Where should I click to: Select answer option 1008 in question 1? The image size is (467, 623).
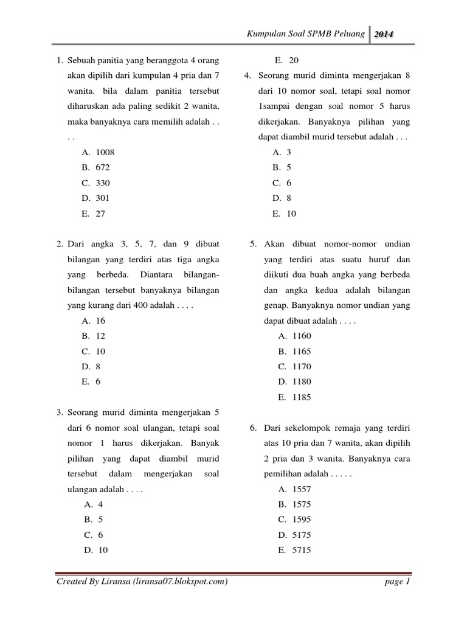[x=105, y=151]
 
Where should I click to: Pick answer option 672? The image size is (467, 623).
[x=102, y=167]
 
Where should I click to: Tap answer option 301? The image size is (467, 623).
[x=102, y=198]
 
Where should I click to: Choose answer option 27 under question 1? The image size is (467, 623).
[x=100, y=214]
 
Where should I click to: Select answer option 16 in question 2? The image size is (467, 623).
[x=100, y=320]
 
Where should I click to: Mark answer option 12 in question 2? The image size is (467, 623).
[x=100, y=336]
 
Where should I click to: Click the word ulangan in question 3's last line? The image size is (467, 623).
[x=82, y=489]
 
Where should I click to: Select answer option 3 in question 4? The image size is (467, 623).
[x=289, y=152]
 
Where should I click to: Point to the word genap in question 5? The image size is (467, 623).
[x=275, y=305]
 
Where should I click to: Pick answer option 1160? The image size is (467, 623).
[x=302, y=336]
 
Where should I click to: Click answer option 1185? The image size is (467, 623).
[x=302, y=397]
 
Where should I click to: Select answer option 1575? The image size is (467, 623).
[x=302, y=504]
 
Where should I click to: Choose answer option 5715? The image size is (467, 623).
[x=302, y=550]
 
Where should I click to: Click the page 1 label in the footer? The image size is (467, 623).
[x=398, y=582]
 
